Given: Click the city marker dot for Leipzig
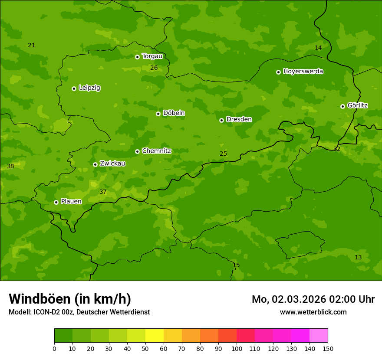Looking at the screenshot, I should click(74, 88).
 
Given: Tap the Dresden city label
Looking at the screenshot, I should click(239, 119).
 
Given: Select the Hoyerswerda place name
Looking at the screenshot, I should click(303, 71).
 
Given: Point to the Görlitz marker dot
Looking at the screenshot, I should click(342, 106).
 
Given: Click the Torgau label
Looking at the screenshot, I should click(152, 56).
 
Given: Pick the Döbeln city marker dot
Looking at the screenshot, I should click(158, 114).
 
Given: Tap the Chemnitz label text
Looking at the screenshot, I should click(156, 151).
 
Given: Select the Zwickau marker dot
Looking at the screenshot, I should click(95, 164).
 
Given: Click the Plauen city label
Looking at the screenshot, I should click(71, 201).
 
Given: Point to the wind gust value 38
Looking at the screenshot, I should click(10, 166).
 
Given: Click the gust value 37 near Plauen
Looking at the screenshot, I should click(103, 192).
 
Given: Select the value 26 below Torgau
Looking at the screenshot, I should click(154, 68).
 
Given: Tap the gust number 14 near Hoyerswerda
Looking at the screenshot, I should click(318, 48).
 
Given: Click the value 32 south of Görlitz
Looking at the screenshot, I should click(337, 149).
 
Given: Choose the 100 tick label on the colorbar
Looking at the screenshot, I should click(237, 348).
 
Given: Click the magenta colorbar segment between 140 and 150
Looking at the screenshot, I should click(319, 336).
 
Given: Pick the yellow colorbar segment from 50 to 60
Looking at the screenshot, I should click(155, 336).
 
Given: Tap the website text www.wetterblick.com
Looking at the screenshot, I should click(313, 312).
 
